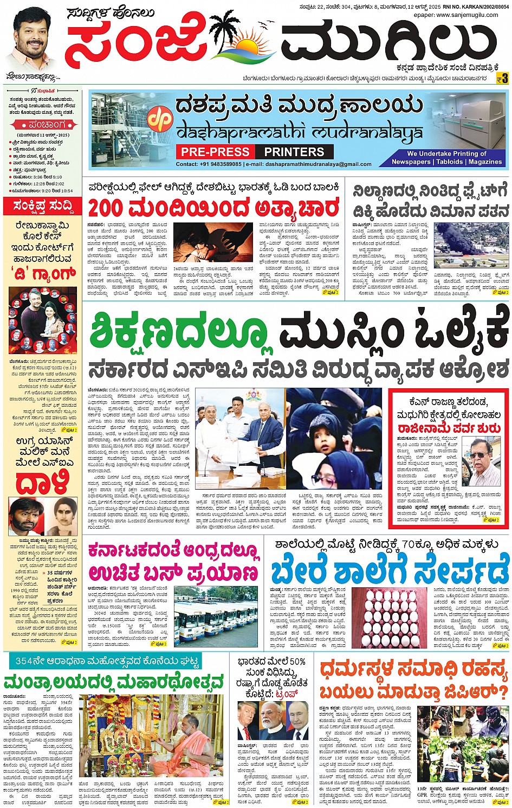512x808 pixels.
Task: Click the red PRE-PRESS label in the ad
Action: point(215,152)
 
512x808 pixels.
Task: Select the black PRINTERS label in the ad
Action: point(294,152)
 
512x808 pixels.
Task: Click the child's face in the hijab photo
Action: point(327,441)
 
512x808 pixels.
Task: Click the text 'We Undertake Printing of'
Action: point(447,153)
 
